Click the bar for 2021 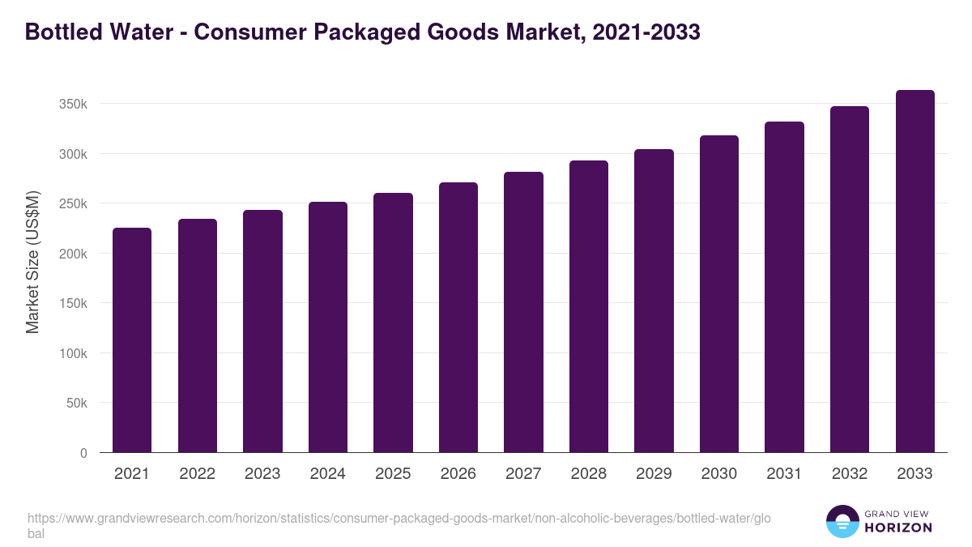132,340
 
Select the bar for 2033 914,271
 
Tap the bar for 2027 523,312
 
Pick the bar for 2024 328,327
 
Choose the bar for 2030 719,294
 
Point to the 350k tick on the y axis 72,104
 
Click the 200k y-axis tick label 72,254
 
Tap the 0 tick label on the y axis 83,454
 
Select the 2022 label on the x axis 198,474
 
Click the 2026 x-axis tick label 458,474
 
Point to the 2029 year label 654,474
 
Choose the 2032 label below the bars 850,474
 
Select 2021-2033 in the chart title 646,32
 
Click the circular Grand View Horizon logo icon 842,522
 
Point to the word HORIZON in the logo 898,528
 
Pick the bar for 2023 262,331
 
